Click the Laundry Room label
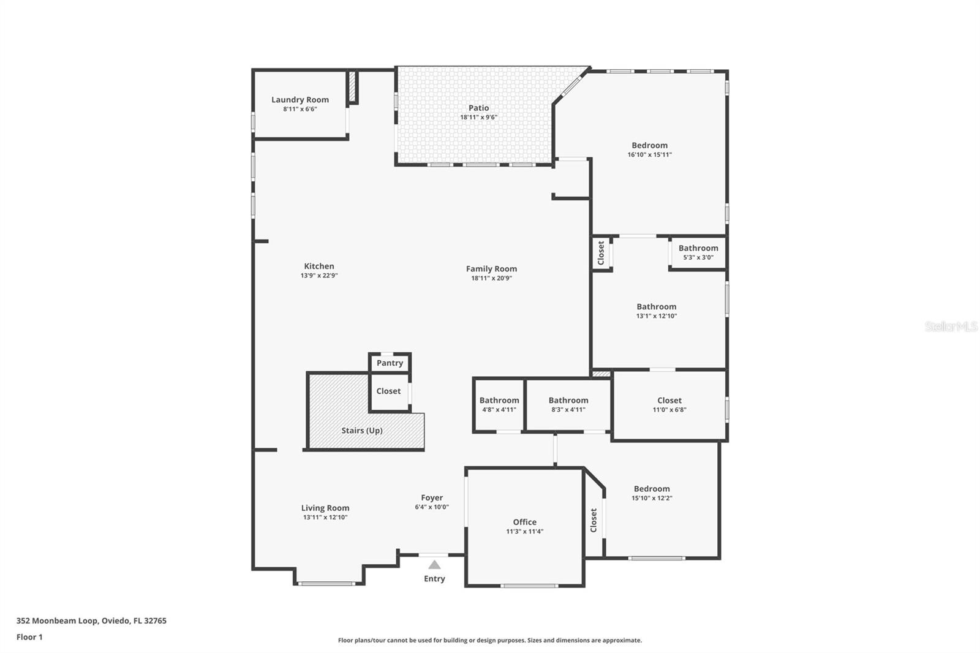click(300, 100)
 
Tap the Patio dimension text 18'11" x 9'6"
click(478, 117)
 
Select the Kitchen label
click(319, 266)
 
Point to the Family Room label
click(491, 269)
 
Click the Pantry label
click(390, 363)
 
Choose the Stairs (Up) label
click(362, 431)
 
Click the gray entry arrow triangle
click(434, 565)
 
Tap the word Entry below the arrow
click(434, 579)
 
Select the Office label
click(524, 523)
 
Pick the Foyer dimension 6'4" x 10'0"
click(432, 507)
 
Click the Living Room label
click(325, 508)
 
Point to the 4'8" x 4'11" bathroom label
click(499, 401)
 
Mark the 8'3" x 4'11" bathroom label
click(568, 401)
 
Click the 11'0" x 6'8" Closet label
click(669, 401)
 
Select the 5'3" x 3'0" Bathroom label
click(698, 248)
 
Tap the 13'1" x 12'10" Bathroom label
click(657, 307)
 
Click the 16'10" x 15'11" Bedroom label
click(650, 146)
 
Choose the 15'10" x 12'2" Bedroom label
click(652, 489)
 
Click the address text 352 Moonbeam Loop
click(91, 621)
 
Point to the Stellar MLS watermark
click(951, 326)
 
